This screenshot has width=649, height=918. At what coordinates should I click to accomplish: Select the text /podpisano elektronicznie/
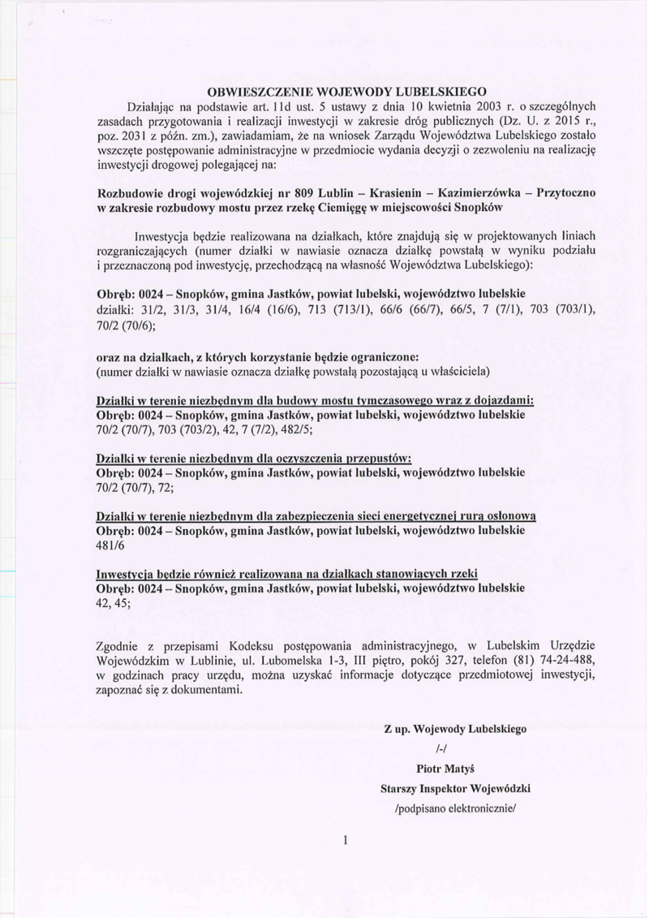pyautogui.click(x=456, y=808)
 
